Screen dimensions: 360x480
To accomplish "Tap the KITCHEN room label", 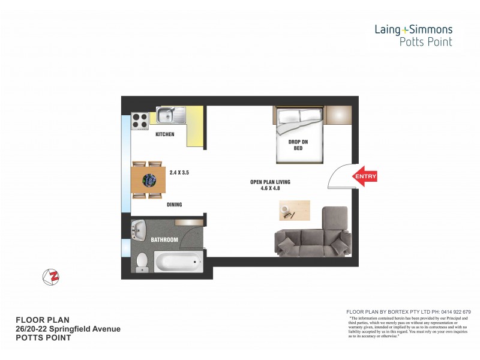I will point(164,134).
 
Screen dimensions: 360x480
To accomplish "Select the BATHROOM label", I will point(164,240).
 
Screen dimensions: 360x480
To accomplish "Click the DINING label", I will point(174,205).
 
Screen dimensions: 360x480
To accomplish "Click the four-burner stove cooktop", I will point(140,121).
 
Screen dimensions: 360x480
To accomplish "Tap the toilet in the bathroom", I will point(142,262).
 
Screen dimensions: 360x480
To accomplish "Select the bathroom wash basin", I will point(139,229).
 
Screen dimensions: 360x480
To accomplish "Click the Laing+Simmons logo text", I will point(413,29).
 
